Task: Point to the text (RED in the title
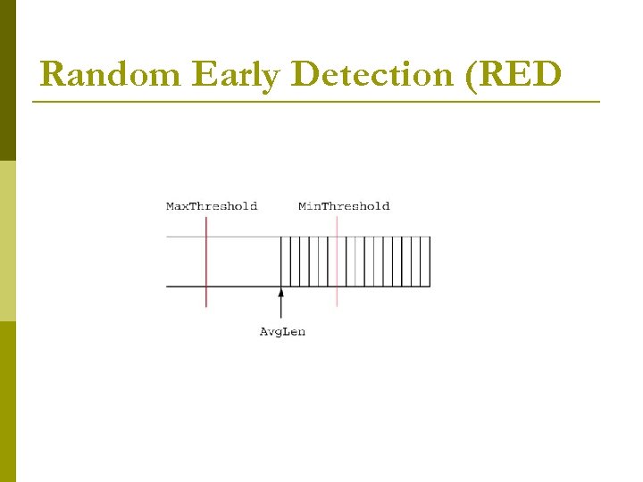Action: coord(514,75)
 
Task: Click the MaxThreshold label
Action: coord(212,206)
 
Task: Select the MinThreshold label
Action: coord(344,206)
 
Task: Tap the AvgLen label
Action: coord(282,332)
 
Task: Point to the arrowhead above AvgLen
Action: coord(281,292)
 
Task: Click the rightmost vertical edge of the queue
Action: coord(430,262)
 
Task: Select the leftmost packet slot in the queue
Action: coord(286,262)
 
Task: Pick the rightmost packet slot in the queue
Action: coord(425,262)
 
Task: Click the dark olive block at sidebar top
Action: coord(8,80)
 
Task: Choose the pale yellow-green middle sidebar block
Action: coord(8,241)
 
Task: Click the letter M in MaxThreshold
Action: coord(171,206)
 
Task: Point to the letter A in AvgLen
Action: coord(263,332)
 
